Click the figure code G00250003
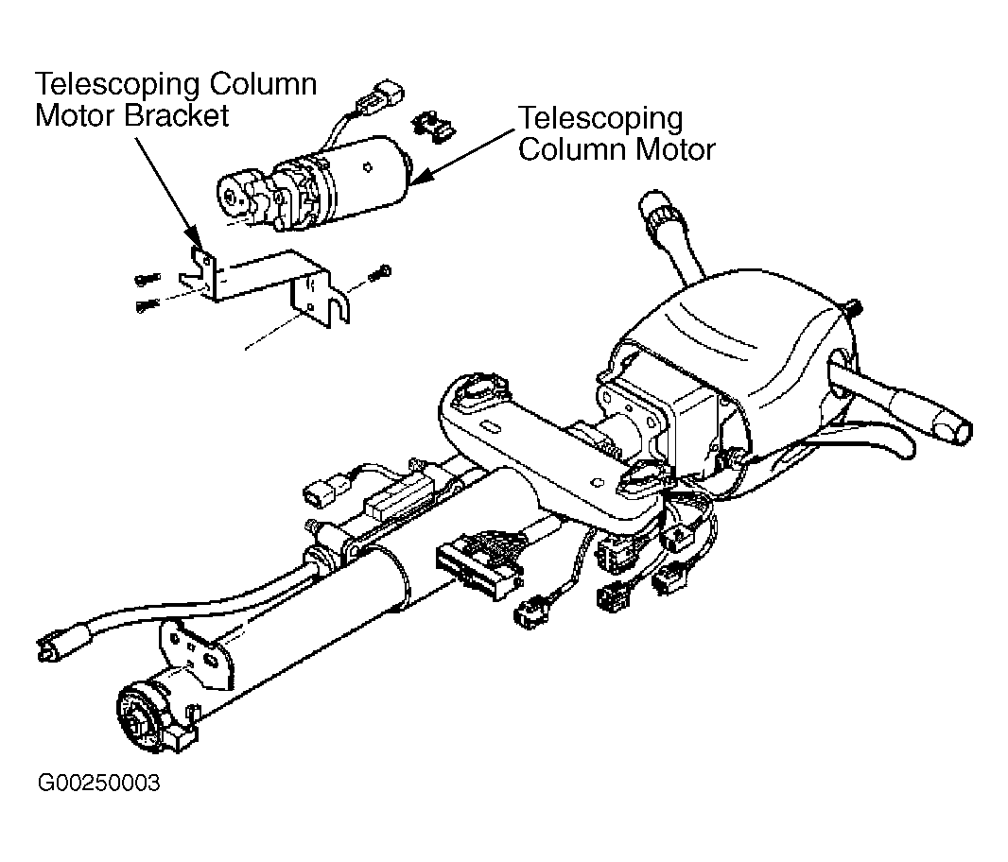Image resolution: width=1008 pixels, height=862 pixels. click(99, 783)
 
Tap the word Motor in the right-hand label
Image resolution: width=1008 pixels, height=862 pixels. click(675, 149)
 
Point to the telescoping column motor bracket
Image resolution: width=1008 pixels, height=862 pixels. click(264, 283)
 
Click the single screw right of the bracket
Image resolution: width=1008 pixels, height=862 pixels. click(379, 272)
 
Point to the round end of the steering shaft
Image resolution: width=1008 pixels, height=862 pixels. click(145, 714)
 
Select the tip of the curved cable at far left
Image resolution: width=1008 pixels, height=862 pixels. click(46, 648)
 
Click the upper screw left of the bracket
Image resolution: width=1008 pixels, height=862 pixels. click(148, 279)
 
